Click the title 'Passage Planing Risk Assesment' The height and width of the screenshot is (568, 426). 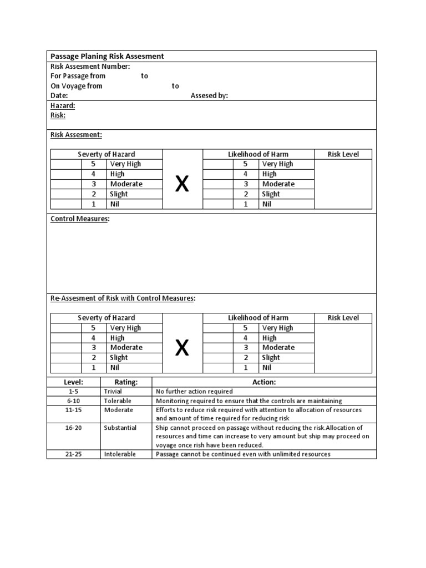click(107, 56)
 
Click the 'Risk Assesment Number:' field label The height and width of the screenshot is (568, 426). click(90, 66)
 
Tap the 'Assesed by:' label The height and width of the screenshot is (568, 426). click(209, 95)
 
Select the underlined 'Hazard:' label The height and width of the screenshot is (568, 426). click(63, 105)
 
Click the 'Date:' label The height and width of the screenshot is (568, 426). click(59, 95)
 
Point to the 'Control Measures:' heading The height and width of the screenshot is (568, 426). click(80, 219)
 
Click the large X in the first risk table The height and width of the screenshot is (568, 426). click(182, 184)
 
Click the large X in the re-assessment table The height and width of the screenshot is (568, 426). click(182, 348)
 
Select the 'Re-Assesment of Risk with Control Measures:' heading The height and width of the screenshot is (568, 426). click(123, 298)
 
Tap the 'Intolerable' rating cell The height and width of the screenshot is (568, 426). click(120, 454)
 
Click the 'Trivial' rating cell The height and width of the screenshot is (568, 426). click(113, 391)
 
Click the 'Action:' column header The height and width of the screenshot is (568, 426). click(264, 382)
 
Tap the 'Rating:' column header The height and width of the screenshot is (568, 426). click(126, 382)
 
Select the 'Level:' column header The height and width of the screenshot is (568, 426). click(74, 382)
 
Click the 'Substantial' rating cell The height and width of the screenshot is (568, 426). click(120, 428)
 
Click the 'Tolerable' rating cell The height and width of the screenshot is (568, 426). click(118, 400)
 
